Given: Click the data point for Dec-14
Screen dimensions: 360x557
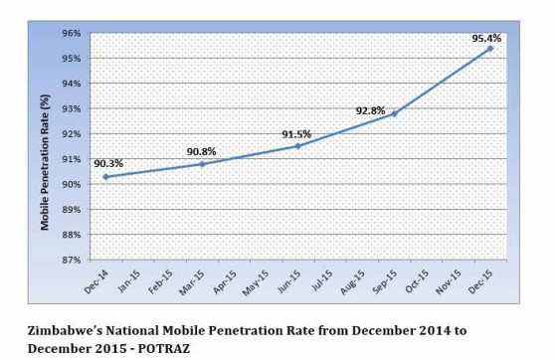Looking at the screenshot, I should pyautogui.click(x=106, y=177).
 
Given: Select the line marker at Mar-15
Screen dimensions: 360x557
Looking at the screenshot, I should pyautogui.click(x=202, y=164).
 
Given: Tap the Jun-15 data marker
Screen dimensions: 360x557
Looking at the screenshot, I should pyautogui.click(x=297, y=146).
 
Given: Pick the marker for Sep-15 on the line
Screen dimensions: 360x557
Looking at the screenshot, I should pyautogui.click(x=394, y=113).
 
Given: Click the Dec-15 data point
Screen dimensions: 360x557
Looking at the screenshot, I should pyautogui.click(x=490, y=48).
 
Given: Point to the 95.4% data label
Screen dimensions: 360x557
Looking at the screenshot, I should pyautogui.click(x=486, y=38).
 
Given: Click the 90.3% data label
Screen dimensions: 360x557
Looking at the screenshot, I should pyautogui.click(x=108, y=163).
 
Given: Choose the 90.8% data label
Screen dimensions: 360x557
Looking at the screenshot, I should pyautogui.click(x=202, y=151).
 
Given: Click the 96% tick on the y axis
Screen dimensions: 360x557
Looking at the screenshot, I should pyautogui.click(x=72, y=33).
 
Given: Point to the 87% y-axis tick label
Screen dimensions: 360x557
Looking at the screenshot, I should pyautogui.click(x=72, y=261).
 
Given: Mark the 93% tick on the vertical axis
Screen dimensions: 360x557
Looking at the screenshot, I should pyautogui.click(x=72, y=108).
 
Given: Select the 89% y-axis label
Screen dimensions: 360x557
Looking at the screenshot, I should pyautogui.click(x=72, y=210).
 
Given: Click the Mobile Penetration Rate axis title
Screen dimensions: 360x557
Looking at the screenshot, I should pyautogui.click(x=46, y=146).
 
